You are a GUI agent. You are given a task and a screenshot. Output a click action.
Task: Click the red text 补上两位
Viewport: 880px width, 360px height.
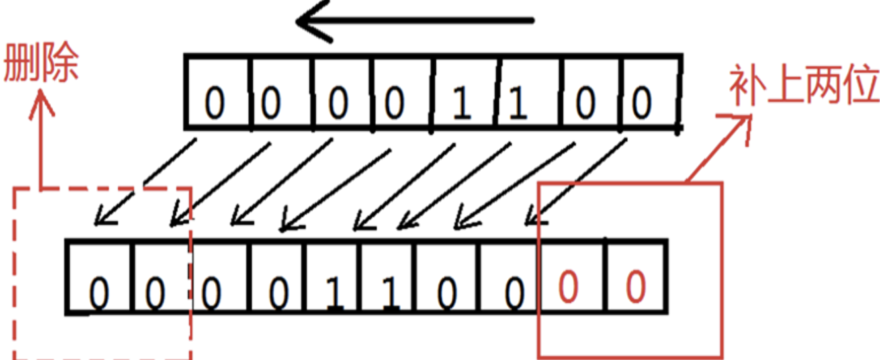[804, 87]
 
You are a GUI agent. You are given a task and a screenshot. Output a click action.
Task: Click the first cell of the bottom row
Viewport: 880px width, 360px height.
[99, 278]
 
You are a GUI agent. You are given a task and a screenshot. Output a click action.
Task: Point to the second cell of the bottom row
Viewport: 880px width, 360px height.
[159, 278]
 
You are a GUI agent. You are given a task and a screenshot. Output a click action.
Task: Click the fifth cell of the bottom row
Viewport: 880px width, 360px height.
[333, 278]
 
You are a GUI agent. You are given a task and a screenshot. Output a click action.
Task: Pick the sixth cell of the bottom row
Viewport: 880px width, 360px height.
[388, 278]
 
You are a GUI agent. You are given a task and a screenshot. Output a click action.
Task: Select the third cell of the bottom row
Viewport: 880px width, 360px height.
[219, 278]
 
